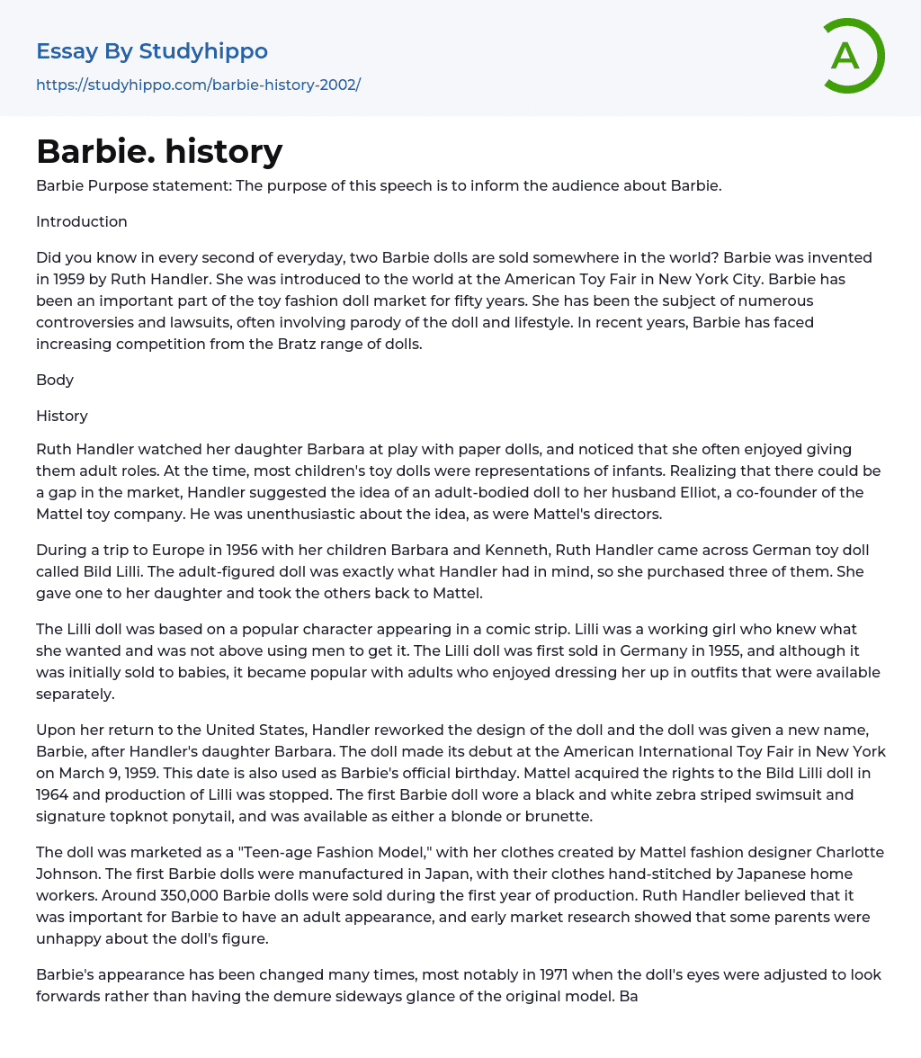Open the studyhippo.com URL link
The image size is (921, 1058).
point(198,85)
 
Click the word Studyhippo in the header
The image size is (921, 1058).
point(203,51)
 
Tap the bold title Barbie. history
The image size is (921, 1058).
point(159,151)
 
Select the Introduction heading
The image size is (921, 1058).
point(82,221)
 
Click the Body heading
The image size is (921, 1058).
point(55,380)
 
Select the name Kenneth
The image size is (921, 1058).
point(452,550)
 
